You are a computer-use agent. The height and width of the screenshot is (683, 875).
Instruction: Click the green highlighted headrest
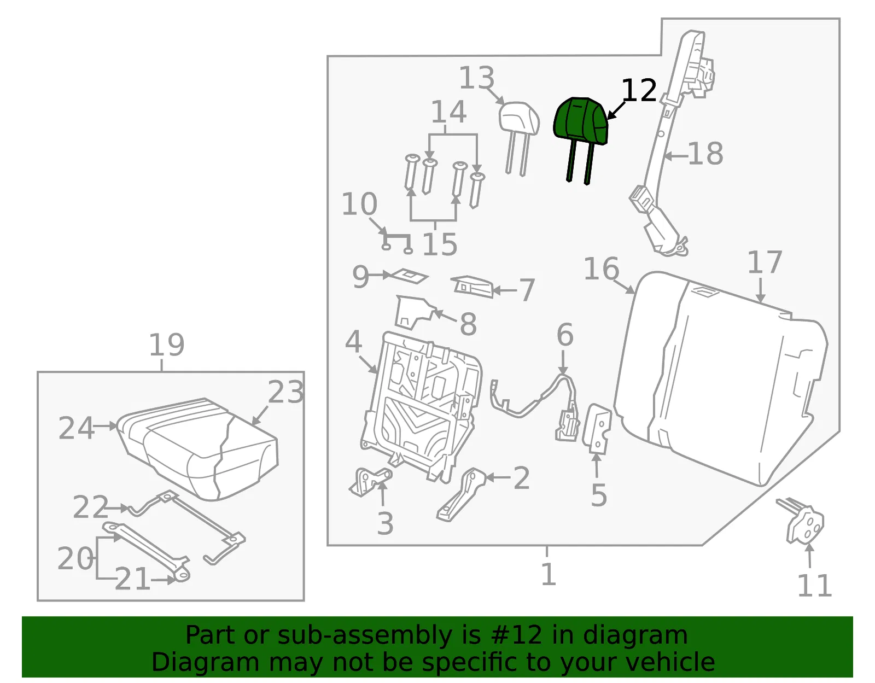(x=581, y=121)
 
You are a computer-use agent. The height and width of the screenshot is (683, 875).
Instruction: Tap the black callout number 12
(x=639, y=90)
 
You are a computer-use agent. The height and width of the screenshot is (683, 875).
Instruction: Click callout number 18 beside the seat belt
(x=705, y=154)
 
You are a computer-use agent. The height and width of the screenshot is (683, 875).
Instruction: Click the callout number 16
(x=601, y=268)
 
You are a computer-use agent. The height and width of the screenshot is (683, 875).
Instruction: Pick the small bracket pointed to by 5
(x=597, y=429)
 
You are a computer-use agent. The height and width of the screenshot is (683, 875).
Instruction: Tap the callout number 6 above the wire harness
(x=565, y=335)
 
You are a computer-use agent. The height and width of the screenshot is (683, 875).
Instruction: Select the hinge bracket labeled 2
(x=461, y=494)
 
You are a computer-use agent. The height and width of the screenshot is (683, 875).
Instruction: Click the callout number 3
(x=385, y=524)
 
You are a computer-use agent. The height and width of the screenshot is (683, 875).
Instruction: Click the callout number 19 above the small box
(x=167, y=345)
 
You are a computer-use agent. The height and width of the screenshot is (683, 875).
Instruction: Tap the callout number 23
(x=285, y=392)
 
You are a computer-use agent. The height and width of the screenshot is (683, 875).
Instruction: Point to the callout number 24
(x=77, y=428)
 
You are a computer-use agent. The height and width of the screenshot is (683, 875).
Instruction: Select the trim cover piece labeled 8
(x=416, y=313)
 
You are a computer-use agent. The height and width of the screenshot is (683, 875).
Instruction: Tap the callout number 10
(x=359, y=203)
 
